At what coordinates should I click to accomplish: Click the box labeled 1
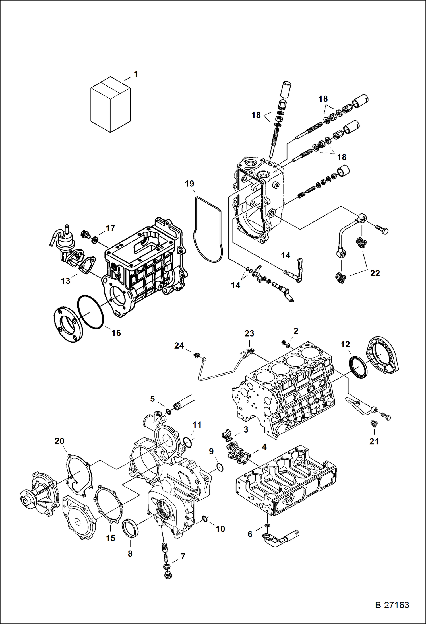(x=110, y=104)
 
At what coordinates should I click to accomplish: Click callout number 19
(x=189, y=184)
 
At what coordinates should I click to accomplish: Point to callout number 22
(x=375, y=273)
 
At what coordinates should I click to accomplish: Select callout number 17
(x=110, y=228)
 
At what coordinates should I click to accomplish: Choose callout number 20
(x=59, y=441)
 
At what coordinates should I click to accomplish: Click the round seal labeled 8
(x=130, y=528)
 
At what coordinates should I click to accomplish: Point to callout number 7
(x=183, y=556)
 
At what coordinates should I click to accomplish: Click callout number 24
(x=179, y=346)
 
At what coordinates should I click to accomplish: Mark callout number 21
(x=374, y=442)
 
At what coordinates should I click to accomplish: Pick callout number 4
(x=264, y=447)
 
